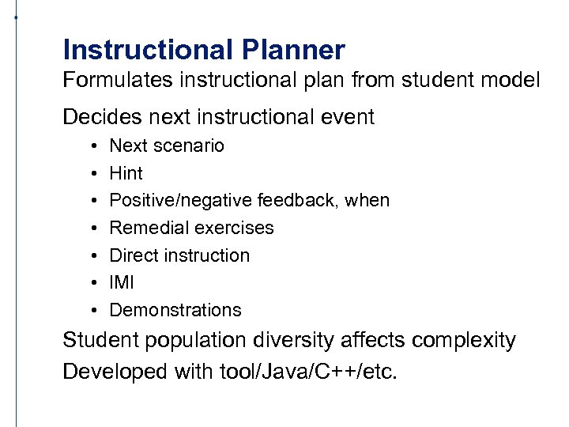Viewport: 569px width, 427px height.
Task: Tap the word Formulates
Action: click(x=115, y=80)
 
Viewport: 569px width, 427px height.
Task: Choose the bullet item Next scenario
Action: click(x=167, y=145)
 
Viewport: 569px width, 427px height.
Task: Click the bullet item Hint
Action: click(x=126, y=173)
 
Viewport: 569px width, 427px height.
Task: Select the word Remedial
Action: click(x=143, y=228)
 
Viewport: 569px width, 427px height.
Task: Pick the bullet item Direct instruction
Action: click(x=179, y=255)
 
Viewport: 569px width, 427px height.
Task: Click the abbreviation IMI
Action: click(x=122, y=282)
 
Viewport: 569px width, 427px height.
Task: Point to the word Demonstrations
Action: click(x=175, y=310)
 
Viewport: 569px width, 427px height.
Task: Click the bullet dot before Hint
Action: click(x=93, y=173)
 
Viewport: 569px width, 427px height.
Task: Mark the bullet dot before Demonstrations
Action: click(x=93, y=310)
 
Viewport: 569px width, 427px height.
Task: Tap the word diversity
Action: click(x=294, y=341)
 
